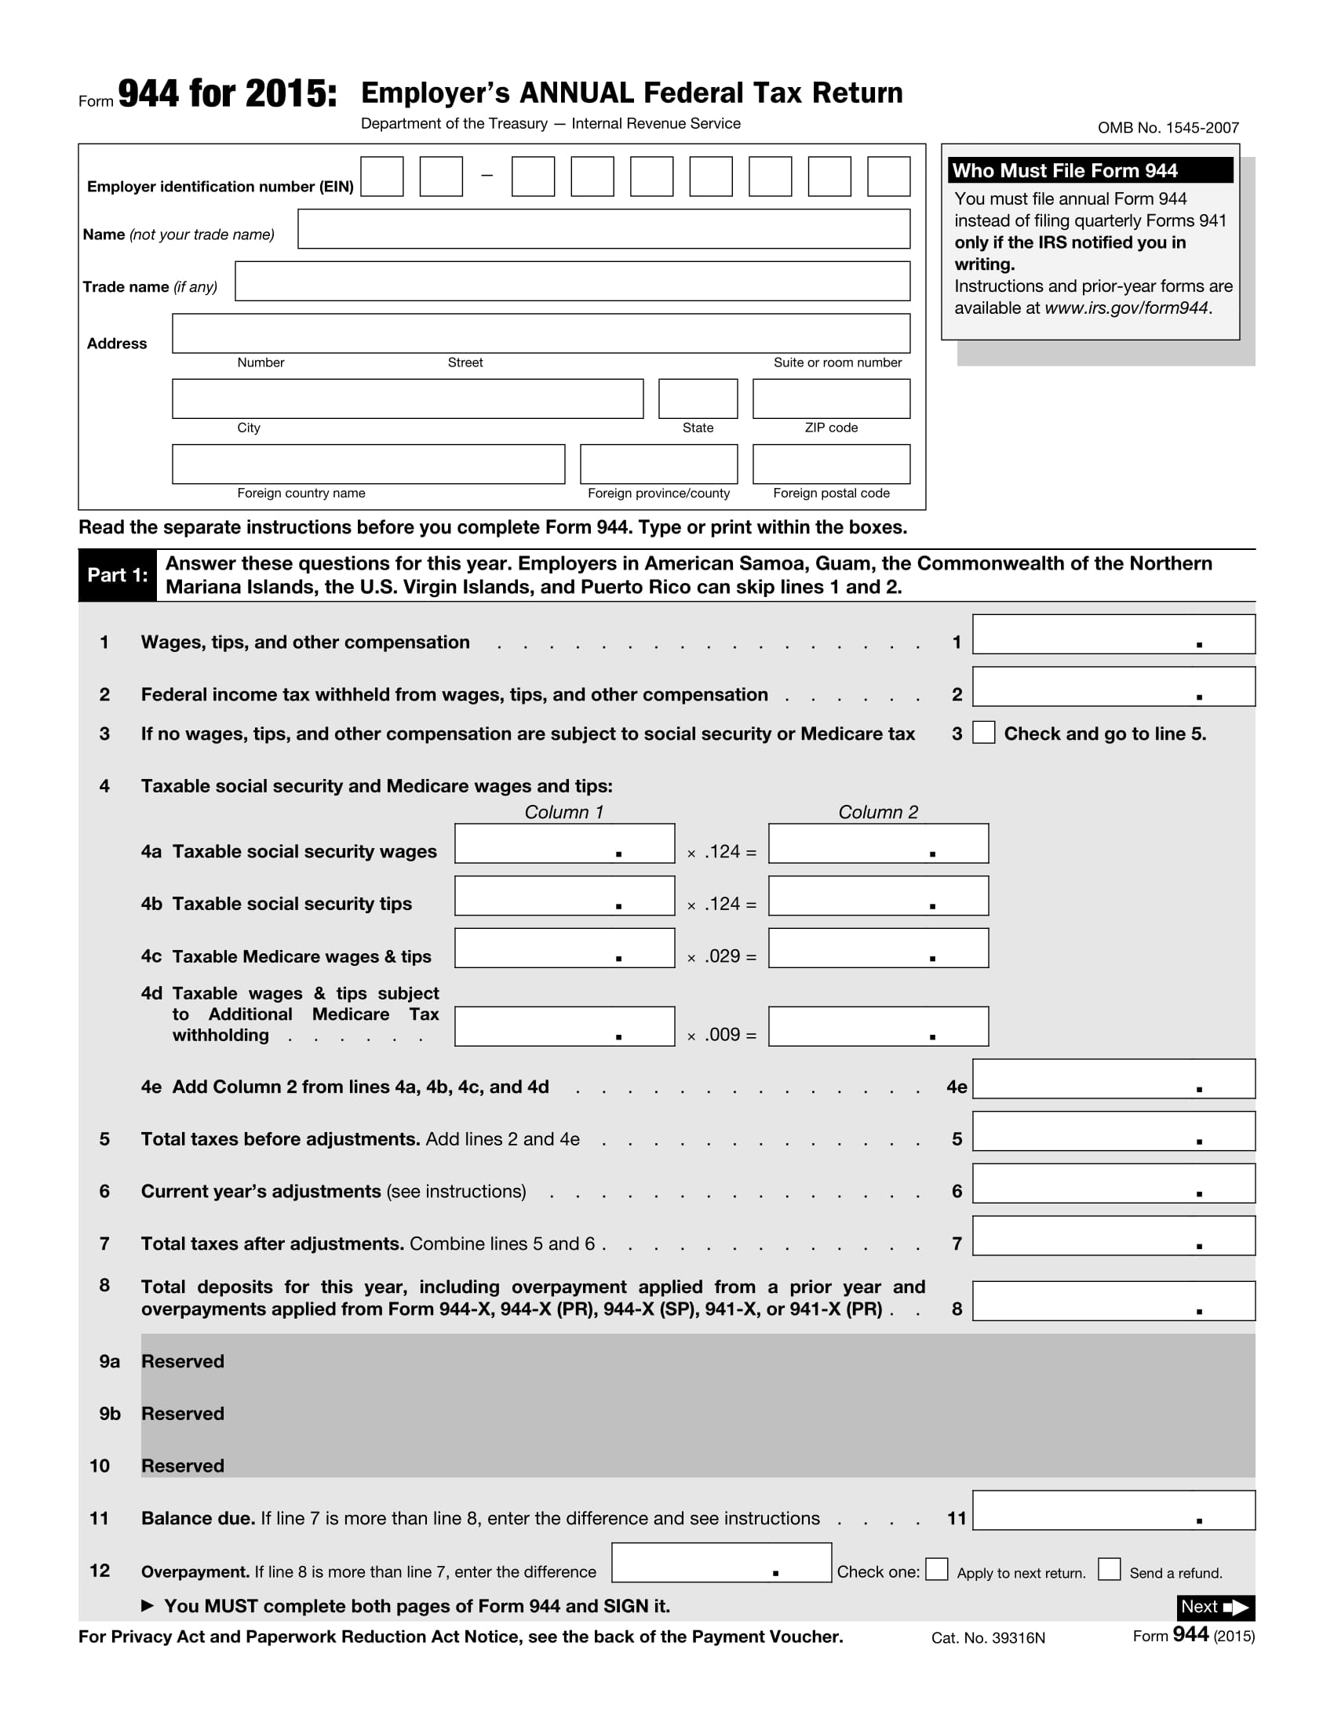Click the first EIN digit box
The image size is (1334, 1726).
tap(381, 177)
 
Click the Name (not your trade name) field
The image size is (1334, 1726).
tap(603, 229)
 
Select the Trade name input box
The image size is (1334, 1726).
tap(572, 282)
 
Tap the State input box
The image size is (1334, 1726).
tap(698, 399)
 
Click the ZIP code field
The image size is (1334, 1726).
tap(830, 399)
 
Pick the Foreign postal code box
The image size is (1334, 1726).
tap(830, 464)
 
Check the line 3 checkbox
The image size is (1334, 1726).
tap(983, 733)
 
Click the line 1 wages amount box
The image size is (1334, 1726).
tap(1113, 635)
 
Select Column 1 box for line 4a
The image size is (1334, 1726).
tap(564, 844)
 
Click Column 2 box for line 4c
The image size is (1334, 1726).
tap(878, 949)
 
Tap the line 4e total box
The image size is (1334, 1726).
tap(1113, 1080)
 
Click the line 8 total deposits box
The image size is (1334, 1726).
tap(1113, 1302)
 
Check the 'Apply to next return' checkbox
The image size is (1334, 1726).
tap(936, 1570)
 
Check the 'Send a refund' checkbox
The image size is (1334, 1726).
tap(1109, 1570)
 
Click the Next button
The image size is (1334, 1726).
tap(1215, 1608)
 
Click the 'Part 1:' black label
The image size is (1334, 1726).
tap(117, 575)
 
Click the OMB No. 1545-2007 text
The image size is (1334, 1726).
tap(1168, 128)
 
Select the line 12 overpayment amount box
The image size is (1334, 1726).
tap(720, 1563)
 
